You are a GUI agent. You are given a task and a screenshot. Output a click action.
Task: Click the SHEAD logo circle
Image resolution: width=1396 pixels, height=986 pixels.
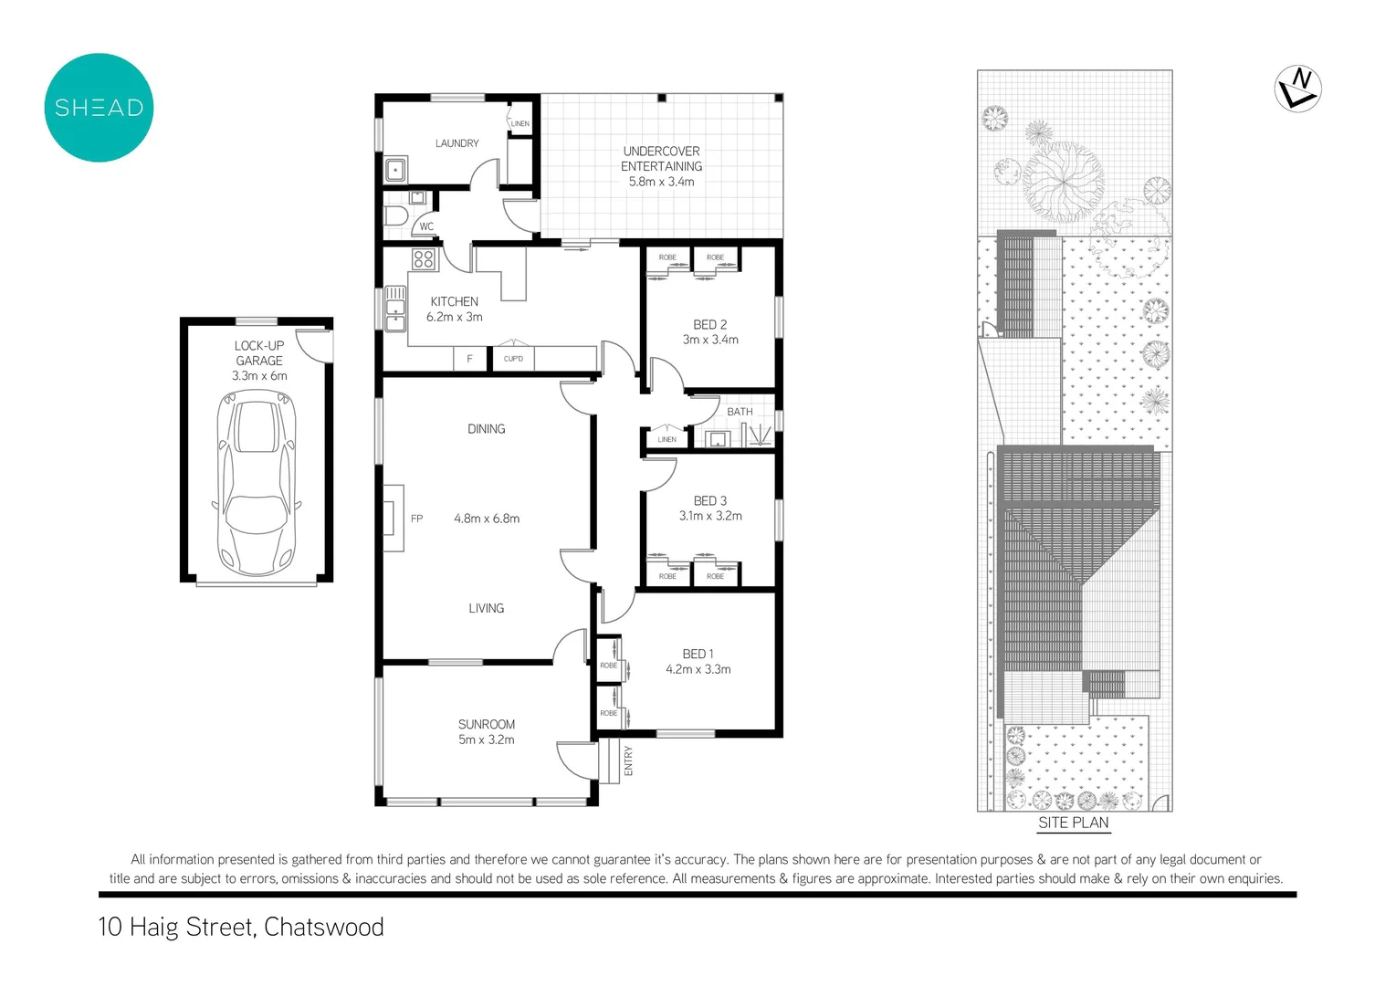coord(99,108)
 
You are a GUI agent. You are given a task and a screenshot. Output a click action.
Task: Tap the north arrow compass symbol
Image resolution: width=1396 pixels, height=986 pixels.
coord(1297,89)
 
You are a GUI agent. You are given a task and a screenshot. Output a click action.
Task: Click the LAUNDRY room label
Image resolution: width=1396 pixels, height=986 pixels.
coord(457,143)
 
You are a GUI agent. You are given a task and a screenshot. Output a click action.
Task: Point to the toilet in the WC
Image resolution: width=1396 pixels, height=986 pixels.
coord(395,216)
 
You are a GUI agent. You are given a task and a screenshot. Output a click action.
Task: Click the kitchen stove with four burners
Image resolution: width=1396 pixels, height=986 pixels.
coord(423,258)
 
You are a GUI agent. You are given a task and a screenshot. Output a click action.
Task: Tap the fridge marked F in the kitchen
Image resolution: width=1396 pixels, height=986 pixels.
coord(470,359)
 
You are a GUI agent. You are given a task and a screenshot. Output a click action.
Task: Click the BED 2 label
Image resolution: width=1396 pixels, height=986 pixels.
coord(709,324)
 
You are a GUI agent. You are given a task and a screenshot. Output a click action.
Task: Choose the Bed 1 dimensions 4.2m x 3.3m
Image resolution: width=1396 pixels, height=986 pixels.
coord(698,669)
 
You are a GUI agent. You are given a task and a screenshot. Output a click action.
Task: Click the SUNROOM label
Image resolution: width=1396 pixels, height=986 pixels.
coord(486,724)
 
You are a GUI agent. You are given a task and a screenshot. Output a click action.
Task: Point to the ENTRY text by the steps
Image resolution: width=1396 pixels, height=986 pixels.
coord(628,761)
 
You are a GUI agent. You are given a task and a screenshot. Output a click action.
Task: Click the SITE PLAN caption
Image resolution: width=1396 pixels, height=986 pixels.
coord(1073,823)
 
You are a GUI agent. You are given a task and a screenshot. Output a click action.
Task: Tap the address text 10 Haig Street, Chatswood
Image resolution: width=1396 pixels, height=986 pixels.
coord(241,927)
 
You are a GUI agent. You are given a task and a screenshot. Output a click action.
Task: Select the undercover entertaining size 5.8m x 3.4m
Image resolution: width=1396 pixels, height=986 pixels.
coord(661,182)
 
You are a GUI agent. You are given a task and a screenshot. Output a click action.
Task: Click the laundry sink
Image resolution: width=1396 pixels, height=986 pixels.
coord(395,170)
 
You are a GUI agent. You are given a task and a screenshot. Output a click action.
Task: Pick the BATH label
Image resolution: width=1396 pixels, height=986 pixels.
coord(740,412)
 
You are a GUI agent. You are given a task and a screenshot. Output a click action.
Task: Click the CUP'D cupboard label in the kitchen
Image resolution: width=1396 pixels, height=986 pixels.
coord(513,359)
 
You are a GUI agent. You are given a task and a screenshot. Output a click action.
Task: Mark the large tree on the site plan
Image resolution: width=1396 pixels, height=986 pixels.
coord(1062,180)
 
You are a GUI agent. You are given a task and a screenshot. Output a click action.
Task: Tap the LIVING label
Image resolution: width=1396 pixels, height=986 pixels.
coord(486,608)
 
